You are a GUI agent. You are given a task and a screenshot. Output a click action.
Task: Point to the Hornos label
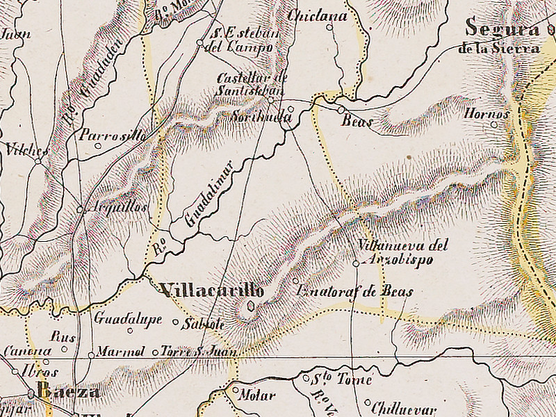pyautogui.click(x=486, y=113)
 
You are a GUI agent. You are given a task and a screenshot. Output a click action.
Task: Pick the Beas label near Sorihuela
pyautogui.click(x=357, y=122)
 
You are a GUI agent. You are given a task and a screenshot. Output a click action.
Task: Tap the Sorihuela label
pyautogui.click(x=262, y=117)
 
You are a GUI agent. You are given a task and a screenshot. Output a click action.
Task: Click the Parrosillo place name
pyautogui.click(x=113, y=136)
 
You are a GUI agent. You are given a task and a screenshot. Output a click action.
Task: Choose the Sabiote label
pyautogui.click(x=203, y=324)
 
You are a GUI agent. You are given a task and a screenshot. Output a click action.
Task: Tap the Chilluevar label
pyautogui.click(x=402, y=408)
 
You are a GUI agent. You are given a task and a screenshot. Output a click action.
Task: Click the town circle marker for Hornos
pyautogui.click(x=494, y=125)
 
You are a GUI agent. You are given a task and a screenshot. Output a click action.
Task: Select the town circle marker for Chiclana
pyautogui.click(x=329, y=28)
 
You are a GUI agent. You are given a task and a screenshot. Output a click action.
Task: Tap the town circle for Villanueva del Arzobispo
pyautogui.click(x=356, y=263)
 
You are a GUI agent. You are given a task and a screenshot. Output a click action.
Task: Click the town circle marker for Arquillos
pyautogui.click(x=80, y=208)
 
